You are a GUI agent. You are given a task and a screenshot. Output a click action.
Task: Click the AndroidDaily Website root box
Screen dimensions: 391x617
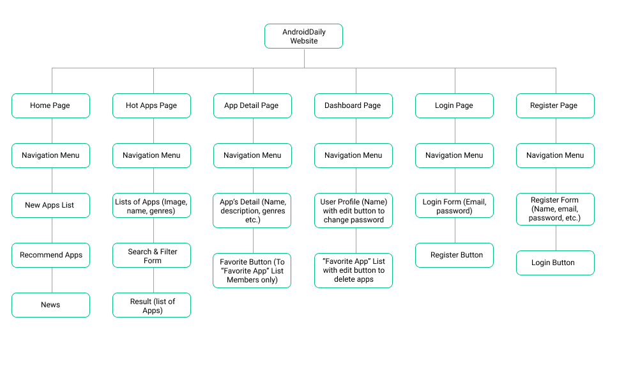click(303, 36)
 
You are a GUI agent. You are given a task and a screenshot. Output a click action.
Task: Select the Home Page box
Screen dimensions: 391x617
click(50, 106)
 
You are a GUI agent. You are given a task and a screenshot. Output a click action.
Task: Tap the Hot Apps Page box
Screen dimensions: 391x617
click(151, 106)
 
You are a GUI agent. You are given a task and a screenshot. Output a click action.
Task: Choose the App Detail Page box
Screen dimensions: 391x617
click(252, 106)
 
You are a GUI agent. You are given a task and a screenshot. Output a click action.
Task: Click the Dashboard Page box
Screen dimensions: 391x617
click(353, 106)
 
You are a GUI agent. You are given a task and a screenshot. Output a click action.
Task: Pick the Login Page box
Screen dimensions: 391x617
click(454, 106)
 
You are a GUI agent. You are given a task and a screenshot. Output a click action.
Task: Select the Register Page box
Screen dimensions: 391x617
click(555, 106)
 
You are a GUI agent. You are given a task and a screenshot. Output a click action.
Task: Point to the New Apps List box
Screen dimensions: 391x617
click(50, 206)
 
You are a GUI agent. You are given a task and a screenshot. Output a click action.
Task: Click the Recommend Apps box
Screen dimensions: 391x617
click(50, 256)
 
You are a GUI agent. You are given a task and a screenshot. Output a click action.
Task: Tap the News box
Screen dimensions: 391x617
click(50, 305)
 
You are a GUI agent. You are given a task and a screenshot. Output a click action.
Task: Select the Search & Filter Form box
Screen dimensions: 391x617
click(151, 256)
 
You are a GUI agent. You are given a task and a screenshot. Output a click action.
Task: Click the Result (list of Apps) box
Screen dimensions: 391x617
click(151, 305)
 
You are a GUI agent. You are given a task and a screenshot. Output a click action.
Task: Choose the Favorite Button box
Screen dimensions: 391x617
click(252, 271)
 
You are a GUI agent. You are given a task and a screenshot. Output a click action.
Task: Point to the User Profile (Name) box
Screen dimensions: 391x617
click(353, 211)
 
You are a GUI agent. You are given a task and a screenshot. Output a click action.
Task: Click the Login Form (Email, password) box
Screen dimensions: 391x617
click(454, 206)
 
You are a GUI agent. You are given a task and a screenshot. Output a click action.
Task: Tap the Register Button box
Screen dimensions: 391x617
click(454, 256)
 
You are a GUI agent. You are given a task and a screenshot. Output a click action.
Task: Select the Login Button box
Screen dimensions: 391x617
click(555, 263)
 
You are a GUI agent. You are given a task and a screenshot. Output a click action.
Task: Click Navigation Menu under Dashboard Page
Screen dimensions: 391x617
click(353, 156)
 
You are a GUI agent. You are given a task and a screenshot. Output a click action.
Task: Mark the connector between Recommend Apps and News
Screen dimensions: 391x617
click(52, 280)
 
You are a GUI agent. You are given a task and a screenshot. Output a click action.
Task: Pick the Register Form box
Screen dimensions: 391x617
click(555, 210)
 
